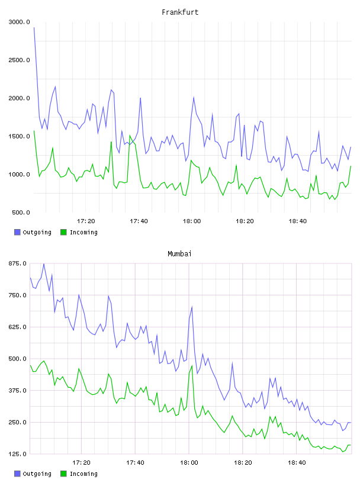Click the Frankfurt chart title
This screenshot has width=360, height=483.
(x=180, y=12)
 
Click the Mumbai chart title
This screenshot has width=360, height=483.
(x=179, y=254)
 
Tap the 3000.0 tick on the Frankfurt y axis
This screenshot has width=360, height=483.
(x=19, y=22)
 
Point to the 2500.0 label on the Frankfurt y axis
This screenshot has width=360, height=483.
(x=19, y=60)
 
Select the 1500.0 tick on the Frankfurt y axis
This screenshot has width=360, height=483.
(x=19, y=137)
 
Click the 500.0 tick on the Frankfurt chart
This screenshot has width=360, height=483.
(x=21, y=212)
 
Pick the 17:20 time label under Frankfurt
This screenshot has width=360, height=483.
(x=86, y=221)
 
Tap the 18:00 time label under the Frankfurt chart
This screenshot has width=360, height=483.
(x=192, y=221)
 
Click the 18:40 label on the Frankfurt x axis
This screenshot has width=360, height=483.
(x=298, y=221)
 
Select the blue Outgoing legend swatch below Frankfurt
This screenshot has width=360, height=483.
(x=17, y=232)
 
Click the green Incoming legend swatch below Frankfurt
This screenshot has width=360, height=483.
(x=63, y=232)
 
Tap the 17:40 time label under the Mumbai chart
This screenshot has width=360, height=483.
(x=136, y=463)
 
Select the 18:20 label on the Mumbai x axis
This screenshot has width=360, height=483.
(x=243, y=463)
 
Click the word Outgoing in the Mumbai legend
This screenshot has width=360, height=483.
(x=37, y=474)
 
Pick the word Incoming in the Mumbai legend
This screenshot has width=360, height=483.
(x=83, y=474)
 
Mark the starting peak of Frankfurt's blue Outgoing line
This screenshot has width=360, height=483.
(x=34, y=28)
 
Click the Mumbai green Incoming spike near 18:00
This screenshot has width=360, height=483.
(x=192, y=366)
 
